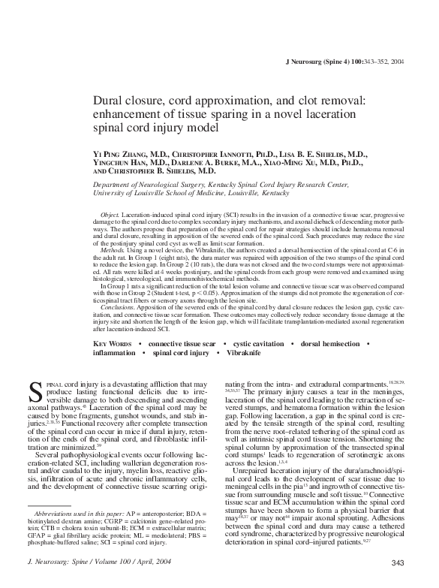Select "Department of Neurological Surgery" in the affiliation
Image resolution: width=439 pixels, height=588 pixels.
coord(146,184)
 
